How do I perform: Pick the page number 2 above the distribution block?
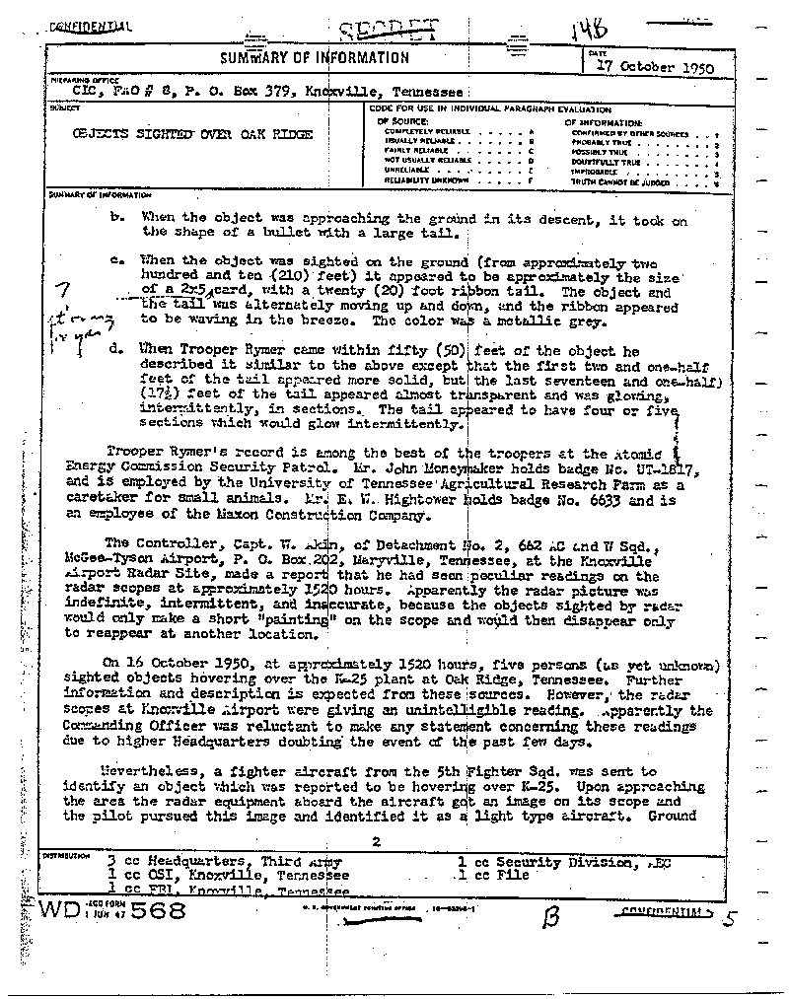point(376,841)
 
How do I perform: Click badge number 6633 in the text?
point(613,499)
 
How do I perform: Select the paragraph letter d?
point(117,349)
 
